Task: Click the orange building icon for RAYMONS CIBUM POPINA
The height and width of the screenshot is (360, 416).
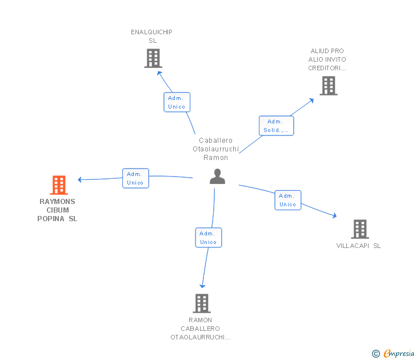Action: (59, 185)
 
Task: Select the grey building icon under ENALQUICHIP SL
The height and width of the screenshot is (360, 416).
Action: (153, 58)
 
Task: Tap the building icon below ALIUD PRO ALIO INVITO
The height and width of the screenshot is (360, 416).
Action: (329, 85)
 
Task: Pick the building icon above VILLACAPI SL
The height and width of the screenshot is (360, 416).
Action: (360, 229)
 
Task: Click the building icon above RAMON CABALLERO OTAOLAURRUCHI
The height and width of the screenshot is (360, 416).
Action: (202, 303)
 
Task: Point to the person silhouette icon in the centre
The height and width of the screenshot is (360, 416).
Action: (217, 176)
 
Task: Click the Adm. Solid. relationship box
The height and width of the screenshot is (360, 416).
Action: (276, 126)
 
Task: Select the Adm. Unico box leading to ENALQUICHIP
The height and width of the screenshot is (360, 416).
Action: (177, 102)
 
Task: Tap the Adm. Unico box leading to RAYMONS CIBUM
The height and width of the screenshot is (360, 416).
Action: (135, 178)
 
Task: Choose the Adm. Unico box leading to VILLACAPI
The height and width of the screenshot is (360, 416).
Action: (288, 200)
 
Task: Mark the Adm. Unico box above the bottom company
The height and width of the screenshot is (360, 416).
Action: (209, 238)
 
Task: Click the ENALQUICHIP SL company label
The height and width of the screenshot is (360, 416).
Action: (152, 37)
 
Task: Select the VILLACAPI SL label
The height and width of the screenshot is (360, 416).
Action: (358, 246)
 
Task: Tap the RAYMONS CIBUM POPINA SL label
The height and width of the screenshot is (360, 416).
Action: (57, 210)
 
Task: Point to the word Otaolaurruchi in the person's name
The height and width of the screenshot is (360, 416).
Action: (215, 149)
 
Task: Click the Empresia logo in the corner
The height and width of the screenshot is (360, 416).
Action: (393, 353)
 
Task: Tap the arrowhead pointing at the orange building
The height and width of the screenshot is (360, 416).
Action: (79, 179)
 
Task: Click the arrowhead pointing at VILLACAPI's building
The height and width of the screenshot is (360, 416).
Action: (335, 215)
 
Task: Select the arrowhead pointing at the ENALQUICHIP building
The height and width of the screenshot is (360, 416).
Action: (159, 73)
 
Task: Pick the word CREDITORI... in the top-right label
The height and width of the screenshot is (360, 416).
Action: (327, 68)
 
